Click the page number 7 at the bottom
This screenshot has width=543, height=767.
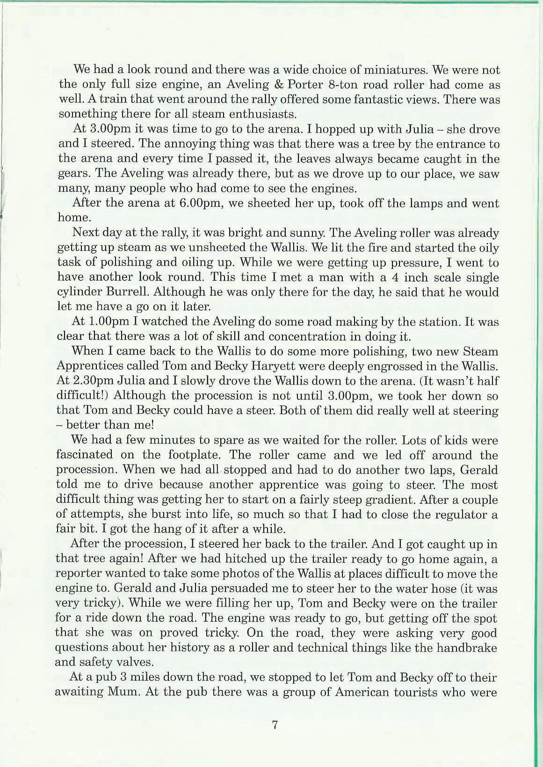pyautogui.click(x=275, y=725)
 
